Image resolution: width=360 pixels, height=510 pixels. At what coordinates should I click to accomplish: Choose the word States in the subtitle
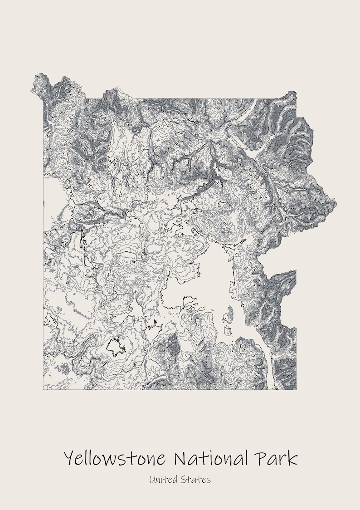196,479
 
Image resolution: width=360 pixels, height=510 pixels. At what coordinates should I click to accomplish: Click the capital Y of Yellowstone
69,458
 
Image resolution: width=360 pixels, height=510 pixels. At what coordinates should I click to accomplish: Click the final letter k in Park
292,458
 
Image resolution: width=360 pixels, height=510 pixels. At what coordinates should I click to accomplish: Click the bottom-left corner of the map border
44,389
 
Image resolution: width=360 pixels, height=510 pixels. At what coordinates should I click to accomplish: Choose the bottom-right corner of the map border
296,389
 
